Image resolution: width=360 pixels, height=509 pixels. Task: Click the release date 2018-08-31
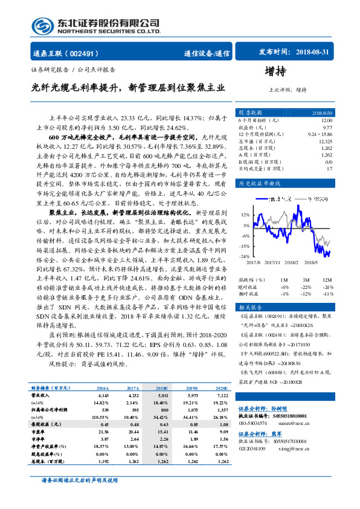click(x=313, y=53)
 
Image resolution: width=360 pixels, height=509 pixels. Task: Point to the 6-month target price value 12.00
click(x=326, y=120)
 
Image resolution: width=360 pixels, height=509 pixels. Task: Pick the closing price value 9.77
click(x=327, y=128)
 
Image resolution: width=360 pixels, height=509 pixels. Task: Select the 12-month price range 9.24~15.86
click(x=318, y=134)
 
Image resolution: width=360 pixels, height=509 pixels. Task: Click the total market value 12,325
click(x=324, y=141)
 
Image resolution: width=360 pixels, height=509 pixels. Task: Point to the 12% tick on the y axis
click(x=245, y=215)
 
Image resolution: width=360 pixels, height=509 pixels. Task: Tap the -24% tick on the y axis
click(x=245, y=257)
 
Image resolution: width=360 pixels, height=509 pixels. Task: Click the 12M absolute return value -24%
click(x=328, y=287)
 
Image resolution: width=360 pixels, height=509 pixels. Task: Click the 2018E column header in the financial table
click(x=162, y=388)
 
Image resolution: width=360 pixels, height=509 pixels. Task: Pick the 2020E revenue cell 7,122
click(x=222, y=395)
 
